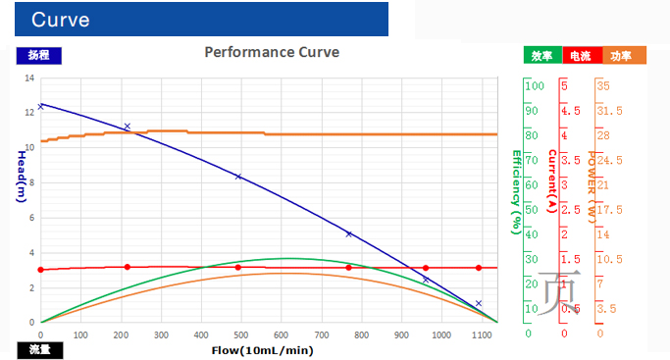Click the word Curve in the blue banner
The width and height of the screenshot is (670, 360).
pyautogui.click(x=61, y=20)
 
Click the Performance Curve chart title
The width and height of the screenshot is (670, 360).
pyautogui.click(x=272, y=52)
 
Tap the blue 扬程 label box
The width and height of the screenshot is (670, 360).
pyautogui.click(x=39, y=56)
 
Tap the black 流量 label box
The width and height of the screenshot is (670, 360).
pyautogui.click(x=39, y=349)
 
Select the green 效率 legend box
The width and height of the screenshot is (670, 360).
pyautogui.click(x=541, y=56)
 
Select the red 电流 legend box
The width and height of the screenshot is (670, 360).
pyautogui.click(x=580, y=56)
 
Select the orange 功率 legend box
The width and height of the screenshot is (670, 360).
pyautogui.click(x=621, y=56)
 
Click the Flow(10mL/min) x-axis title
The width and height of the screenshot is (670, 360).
pyautogui.click(x=262, y=349)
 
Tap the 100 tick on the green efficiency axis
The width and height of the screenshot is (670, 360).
pyautogui.click(x=535, y=86)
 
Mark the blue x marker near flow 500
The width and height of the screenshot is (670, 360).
pyautogui.click(x=237, y=177)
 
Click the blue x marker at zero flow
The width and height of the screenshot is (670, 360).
pyautogui.click(x=40, y=106)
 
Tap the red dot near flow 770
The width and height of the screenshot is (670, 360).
pyautogui.click(x=348, y=268)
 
